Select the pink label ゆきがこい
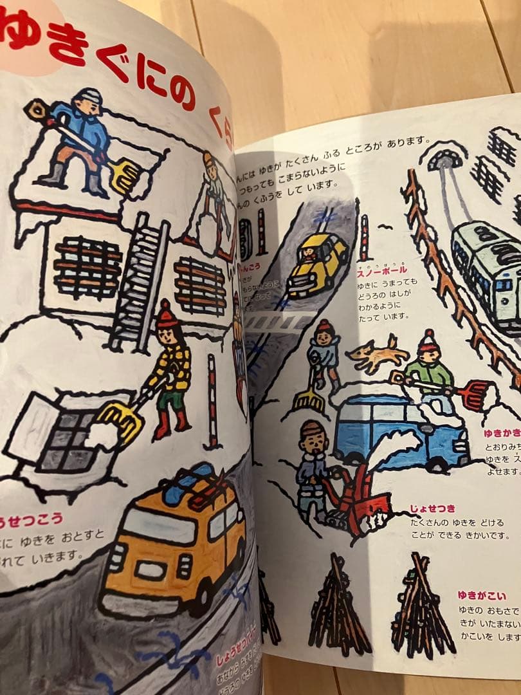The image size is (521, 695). pyautogui.click(x=482, y=595)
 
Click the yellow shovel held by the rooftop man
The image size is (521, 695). pyautogui.click(x=123, y=175)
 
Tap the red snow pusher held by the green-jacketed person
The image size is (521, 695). pyautogui.click(x=475, y=394)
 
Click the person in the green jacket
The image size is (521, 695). pyautogui.click(x=430, y=372)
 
